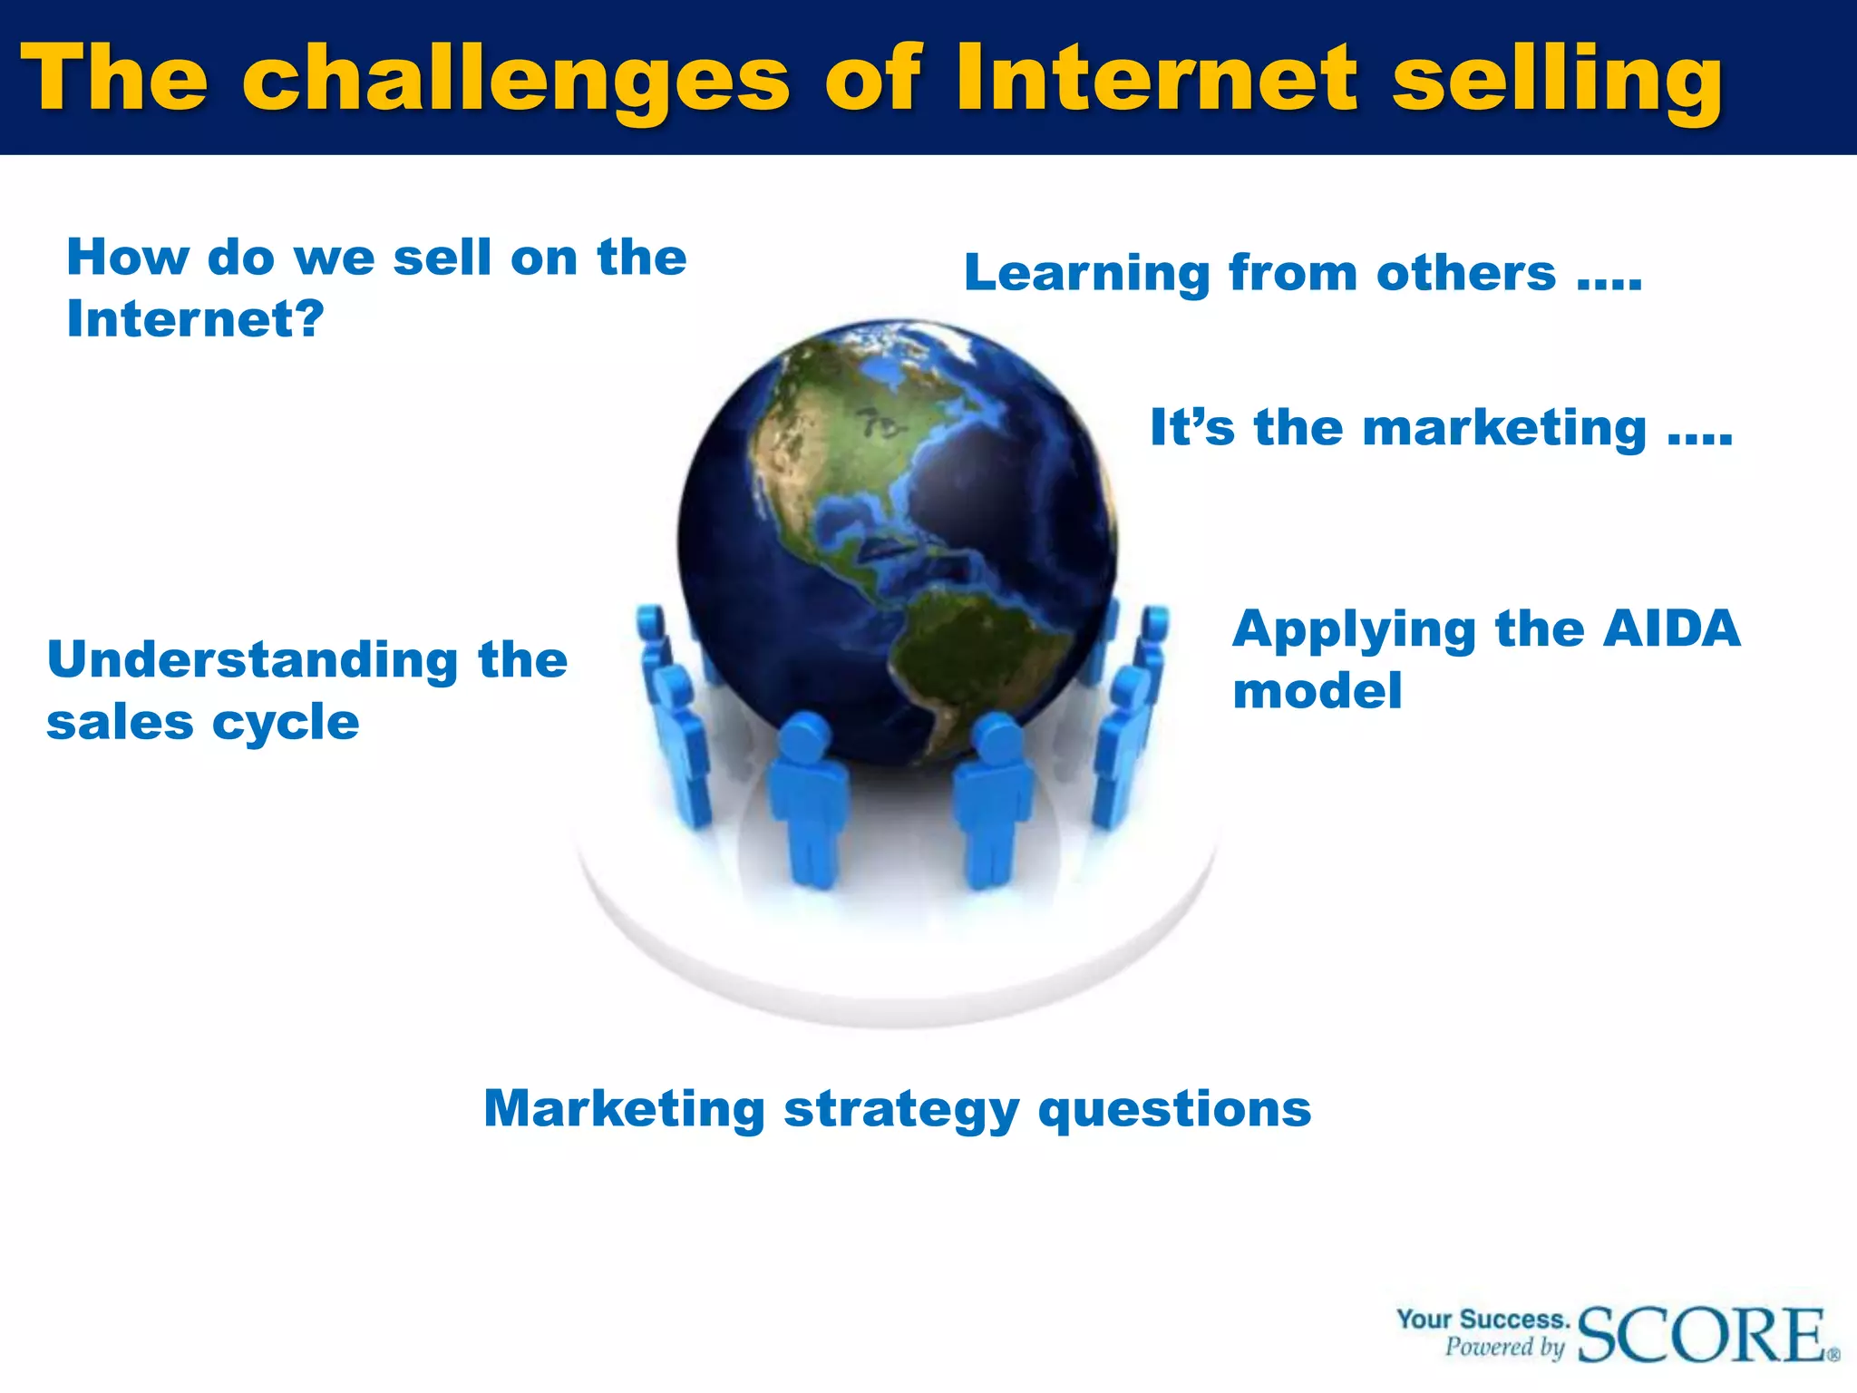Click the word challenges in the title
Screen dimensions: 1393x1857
[x=516, y=80]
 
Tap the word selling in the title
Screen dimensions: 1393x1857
[x=1557, y=80]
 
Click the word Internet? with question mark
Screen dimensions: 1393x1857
[x=195, y=319]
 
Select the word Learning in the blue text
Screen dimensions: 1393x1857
[x=1086, y=274]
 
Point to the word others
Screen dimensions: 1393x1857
[x=1465, y=273]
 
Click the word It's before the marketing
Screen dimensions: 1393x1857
[x=1191, y=427]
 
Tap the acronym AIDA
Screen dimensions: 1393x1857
[x=1671, y=628]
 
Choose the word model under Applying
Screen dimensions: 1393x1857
[x=1317, y=691]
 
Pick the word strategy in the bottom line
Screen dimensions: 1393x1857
[x=901, y=1110]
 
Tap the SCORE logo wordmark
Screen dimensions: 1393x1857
[x=1703, y=1335]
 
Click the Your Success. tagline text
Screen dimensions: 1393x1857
[x=1483, y=1319]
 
